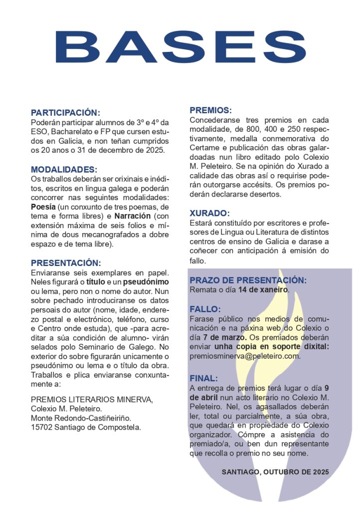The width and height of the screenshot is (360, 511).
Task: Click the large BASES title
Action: tap(180, 47)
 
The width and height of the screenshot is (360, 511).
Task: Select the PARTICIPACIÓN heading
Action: tap(65, 113)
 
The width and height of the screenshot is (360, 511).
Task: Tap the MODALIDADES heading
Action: tap(64, 170)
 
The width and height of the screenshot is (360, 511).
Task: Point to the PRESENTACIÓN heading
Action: tap(66, 263)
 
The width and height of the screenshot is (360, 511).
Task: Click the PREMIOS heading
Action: tap(210, 110)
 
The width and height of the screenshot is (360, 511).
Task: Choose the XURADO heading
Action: tap(209, 213)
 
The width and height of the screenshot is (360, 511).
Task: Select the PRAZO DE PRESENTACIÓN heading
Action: tap(248, 280)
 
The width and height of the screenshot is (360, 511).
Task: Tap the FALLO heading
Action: tap(205, 309)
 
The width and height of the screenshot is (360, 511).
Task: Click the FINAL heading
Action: tap(203, 378)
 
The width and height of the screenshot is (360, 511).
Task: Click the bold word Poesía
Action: tap(43, 207)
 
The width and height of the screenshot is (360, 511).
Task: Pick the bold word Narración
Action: tap(132, 216)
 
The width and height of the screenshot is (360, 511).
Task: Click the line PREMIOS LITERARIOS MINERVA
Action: tap(92, 399)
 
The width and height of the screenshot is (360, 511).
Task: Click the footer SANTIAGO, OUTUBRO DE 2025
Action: tap(275, 471)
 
